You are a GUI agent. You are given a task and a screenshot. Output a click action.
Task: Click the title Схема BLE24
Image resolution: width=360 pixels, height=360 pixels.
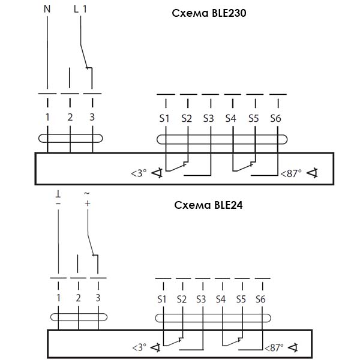point(206,205)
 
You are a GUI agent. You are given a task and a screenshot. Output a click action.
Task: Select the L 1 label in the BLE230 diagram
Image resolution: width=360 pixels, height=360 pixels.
point(80,9)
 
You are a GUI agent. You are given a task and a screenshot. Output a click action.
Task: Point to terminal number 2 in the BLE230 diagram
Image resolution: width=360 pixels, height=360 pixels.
point(70,118)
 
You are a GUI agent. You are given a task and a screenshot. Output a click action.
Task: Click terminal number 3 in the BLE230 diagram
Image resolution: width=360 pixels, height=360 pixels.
point(92,118)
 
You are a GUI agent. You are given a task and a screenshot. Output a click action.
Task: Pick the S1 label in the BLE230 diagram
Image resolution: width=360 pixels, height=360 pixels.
point(164,119)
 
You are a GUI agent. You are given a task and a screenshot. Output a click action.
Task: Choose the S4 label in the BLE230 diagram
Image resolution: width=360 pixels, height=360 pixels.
point(231,119)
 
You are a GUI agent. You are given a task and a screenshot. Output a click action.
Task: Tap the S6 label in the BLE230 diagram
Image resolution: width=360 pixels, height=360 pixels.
point(275,119)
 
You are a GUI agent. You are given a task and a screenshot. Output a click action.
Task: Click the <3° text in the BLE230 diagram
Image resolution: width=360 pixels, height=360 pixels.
point(138,174)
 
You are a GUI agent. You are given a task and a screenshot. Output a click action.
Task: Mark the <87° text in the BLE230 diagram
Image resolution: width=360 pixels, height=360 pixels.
point(290,175)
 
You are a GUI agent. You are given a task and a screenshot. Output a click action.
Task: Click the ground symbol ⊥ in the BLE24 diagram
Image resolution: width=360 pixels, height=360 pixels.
point(58,195)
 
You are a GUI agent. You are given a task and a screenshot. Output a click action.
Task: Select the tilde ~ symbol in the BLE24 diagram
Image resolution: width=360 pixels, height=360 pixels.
point(87,194)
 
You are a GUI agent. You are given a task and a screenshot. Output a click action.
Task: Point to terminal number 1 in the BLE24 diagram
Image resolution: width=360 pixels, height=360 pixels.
point(58,298)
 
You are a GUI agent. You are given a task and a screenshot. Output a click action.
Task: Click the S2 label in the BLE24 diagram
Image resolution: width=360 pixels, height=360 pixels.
point(181,299)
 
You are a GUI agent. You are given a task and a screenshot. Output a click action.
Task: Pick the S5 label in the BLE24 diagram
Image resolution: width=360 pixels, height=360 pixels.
point(241,299)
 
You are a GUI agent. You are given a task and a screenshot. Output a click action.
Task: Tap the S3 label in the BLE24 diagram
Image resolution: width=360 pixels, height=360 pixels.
point(201,299)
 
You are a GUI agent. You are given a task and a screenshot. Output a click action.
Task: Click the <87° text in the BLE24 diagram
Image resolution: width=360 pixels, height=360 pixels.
point(274,347)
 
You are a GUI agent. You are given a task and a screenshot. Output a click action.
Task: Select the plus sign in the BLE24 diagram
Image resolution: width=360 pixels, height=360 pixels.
point(87,204)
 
